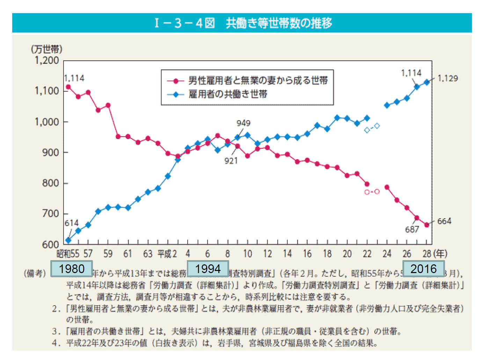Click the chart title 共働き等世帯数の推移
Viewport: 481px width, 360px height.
[x=279, y=23]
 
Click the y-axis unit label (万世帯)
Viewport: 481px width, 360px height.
[x=47, y=49]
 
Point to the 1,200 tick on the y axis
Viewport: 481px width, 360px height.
[x=47, y=60]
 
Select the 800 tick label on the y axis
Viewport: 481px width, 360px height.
[x=50, y=183]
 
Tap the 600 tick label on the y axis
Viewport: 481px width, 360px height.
[x=50, y=244]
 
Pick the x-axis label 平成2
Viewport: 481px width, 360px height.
[x=167, y=254]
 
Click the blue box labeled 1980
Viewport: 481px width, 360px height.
[x=72, y=269]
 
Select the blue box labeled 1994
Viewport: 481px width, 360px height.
[x=208, y=269]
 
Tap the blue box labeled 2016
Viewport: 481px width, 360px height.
[x=423, y=269]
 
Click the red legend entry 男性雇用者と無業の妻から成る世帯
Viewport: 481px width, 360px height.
[x=258, y=81]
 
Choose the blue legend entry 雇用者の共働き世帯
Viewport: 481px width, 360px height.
[x=228, y=94]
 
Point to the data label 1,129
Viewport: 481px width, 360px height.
[x=447, y=78]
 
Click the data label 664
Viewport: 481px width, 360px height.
[x=444, y=221]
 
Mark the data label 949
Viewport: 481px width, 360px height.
[x=243, y=123]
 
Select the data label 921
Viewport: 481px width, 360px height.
[x=231, y=161]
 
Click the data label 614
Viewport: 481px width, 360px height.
[x=72, y=223]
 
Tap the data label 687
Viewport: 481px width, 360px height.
[x=412, y=230]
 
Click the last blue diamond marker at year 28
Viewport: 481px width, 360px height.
[x=427, y=82]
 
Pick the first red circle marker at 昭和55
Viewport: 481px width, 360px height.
[x=68, y=87]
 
